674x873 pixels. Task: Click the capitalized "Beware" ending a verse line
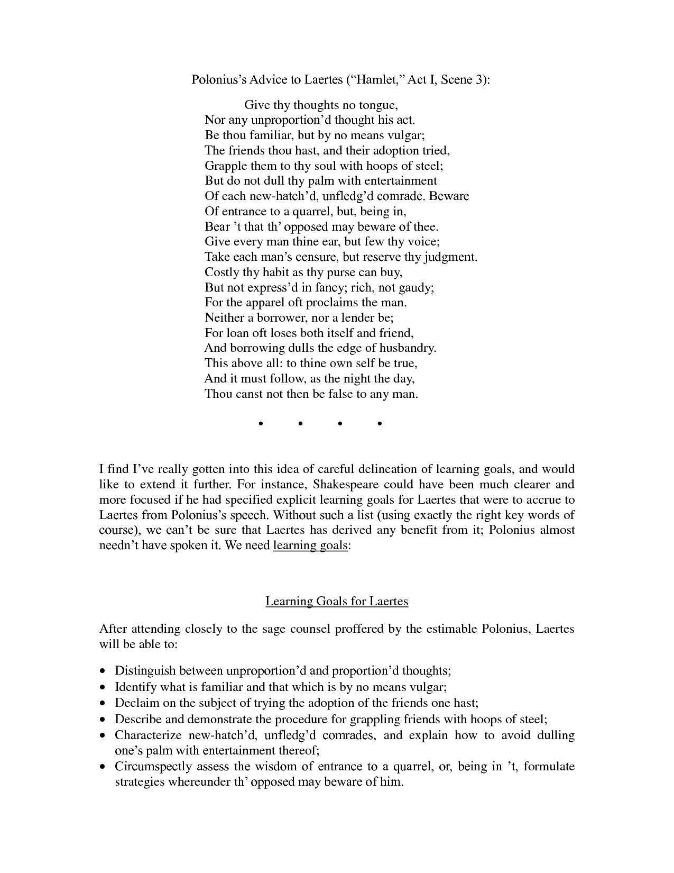pos(449,196)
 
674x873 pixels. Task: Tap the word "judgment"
pos(451,257)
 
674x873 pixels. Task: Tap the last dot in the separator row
pos(380,424)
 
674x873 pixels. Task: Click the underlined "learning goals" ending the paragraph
pos(310,545)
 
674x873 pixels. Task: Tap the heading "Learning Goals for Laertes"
pos(337,602)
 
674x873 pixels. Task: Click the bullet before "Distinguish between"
pos(103,671)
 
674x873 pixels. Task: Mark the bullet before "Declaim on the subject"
pos(103,703)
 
